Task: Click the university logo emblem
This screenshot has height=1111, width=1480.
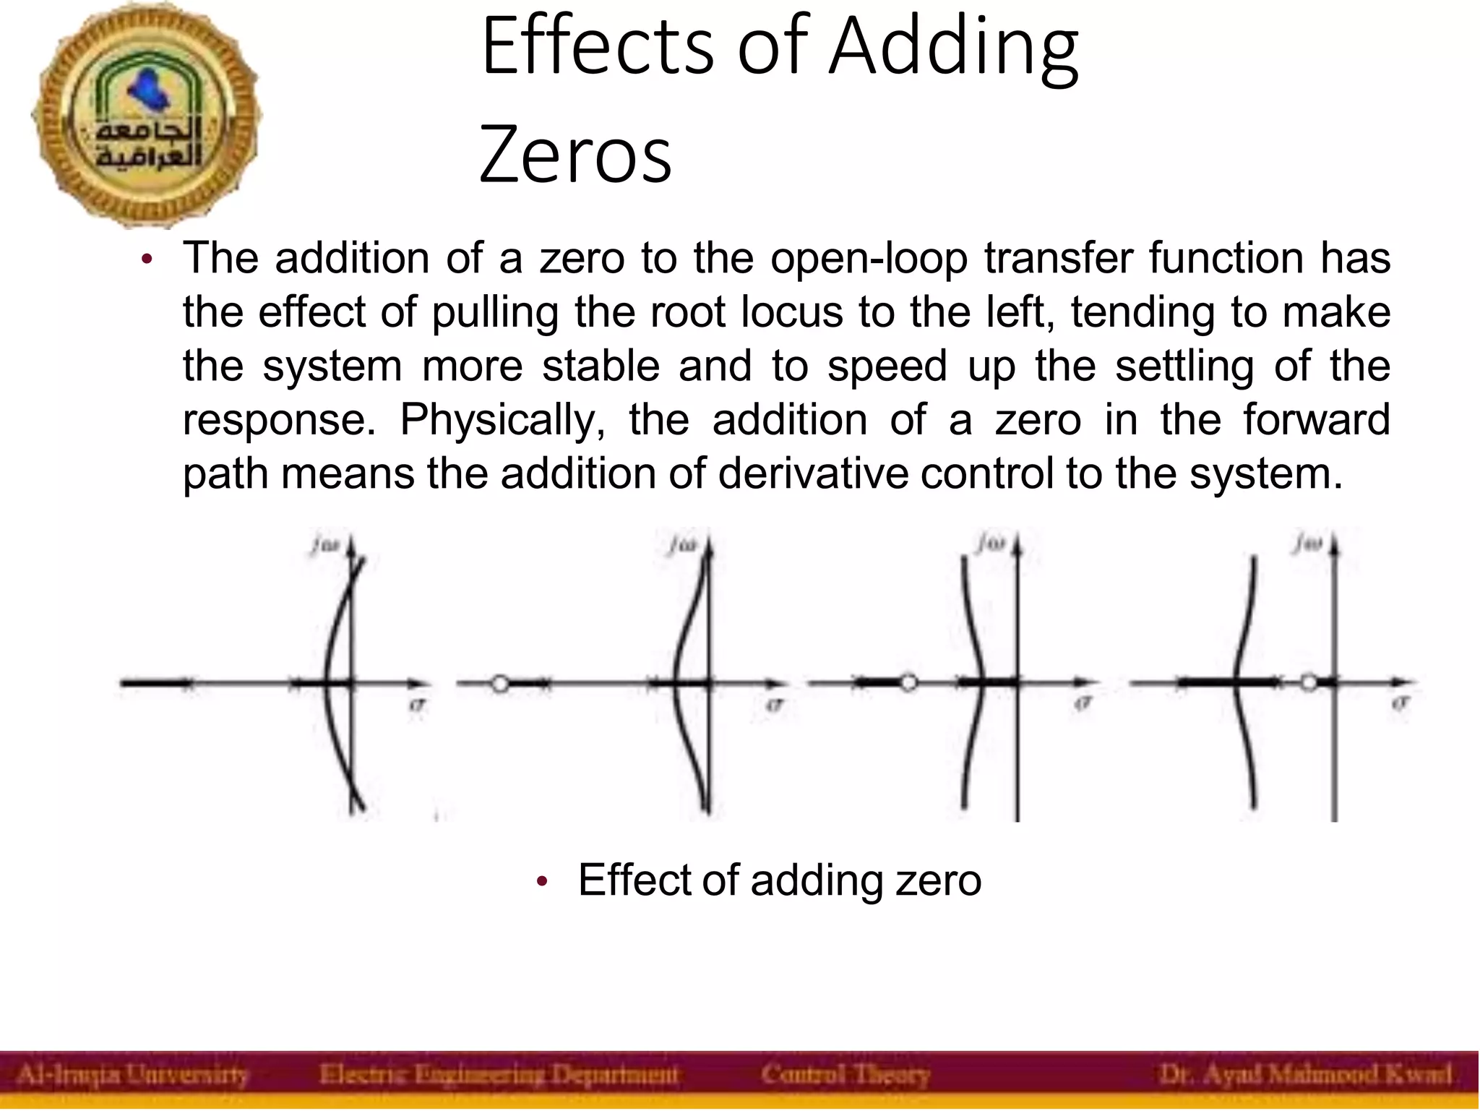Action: point(146,116)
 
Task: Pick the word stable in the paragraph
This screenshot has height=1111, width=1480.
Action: point(601,365)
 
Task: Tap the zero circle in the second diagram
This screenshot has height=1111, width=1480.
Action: point(500,683)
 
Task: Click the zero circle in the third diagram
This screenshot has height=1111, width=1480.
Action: point(908,682)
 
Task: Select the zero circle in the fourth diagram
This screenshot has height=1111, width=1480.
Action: point(1309,682)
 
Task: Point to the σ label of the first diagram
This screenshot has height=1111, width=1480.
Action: point(417,704)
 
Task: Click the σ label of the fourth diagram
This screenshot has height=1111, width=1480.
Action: point(1401,703)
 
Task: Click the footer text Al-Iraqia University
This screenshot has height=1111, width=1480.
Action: point(132,1075)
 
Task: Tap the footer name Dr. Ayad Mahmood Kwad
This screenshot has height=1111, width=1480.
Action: point(1305,1075)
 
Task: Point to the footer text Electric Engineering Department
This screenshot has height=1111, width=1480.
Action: point(499,1075)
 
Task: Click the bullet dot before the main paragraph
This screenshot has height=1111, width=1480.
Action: point(147,260)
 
